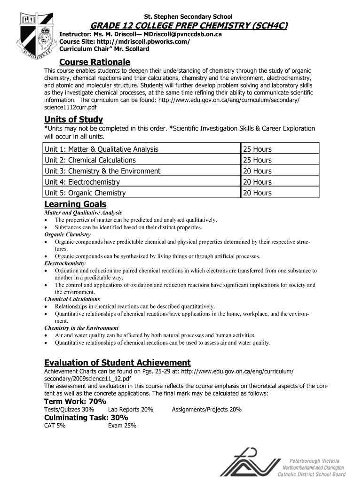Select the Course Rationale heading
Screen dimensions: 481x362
pyautogui.click(x=94, y=62)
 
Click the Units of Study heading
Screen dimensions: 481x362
pyautogui.click(x=73, y=119)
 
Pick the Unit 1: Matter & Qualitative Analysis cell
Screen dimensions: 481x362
pyautogui.click(x=102, y=149)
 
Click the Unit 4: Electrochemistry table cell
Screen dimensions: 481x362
pyautogui.click(x=82, y=182)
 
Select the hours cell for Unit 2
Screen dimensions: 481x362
pyautogui.click(x=257, y=160)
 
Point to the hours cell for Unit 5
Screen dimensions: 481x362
pyautogui.click(x=257, y=193)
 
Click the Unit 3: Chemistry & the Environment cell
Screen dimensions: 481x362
pyautogui.click(x=102, y=171)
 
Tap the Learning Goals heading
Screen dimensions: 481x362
pyautogui.click(x=75, y=204)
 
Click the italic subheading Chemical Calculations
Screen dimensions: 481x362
pyautogui.click(x=72, y=299)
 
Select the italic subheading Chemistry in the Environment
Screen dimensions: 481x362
pyautogui.click(x=81, y=328)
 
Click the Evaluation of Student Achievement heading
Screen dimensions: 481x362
pyautogui.click(x=117, y=363)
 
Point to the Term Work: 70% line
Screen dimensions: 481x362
pyautogui.click(x=75, y=401)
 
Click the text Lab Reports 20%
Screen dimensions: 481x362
pyautogui.click(x=131, y=410)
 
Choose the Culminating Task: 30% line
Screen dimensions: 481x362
pyautogui.click(x=86, y=418)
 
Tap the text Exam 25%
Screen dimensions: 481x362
pyautogui.click(x=122, y=426)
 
